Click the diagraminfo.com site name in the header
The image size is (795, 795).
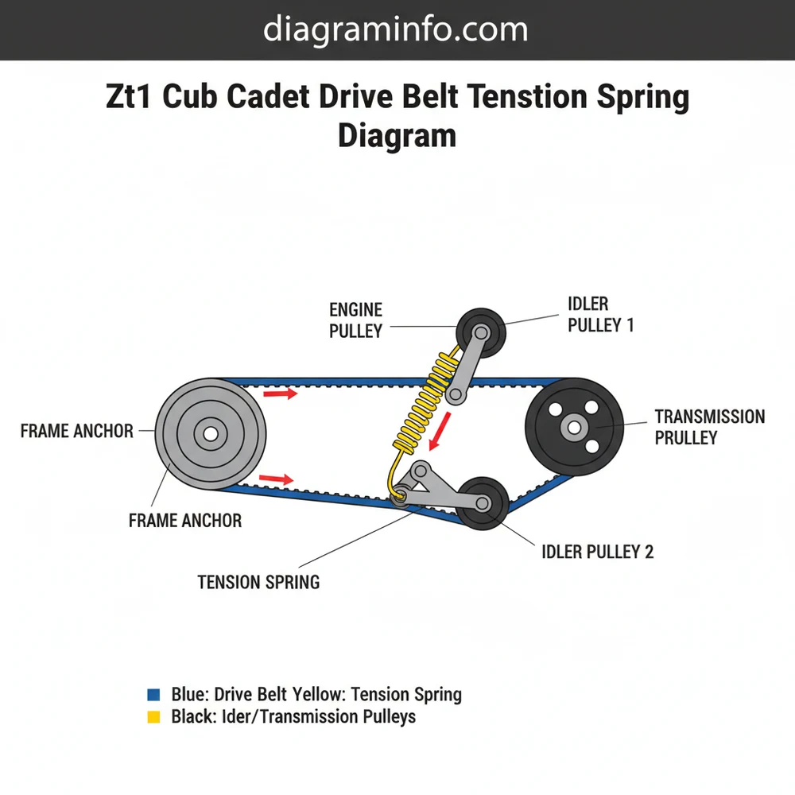[x=395, y=30]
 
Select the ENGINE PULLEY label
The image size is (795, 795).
[x=356, y=320]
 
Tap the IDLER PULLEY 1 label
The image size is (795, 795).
[x=600, y=315]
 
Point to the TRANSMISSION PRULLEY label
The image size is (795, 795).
[x=709, y=427]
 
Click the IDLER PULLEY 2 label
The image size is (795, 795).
[x=597, y=552]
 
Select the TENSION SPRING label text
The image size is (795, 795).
[x=258, y=582]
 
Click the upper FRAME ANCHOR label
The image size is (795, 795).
[x=76, y=431]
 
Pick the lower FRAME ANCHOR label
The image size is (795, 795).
[x=184, y=521]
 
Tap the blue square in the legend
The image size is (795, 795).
[x=154, y=694]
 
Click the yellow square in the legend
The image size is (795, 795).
[x=154, y=716]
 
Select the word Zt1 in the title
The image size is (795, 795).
[x=131, y=99]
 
